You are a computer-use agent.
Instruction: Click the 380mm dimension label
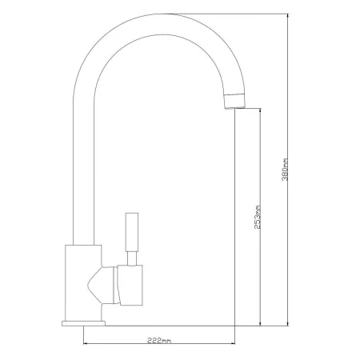pyautogui.click(x=285, y=170)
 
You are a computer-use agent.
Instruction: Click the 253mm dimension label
pyautogui.click(x=258, y=217)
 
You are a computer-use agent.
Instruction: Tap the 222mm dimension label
pyautogui.click(x=159, y=341)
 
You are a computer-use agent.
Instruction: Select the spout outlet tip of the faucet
pyautogui.click(x=235, y=106)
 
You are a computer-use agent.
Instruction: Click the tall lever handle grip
pyautogui.click(x=132, y=231)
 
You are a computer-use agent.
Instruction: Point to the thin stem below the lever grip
pyautogui.click(x=132, y=258)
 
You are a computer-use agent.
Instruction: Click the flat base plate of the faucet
pyautogui.click(x=83, y=323)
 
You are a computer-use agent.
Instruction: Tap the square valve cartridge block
pyautogui.click(x=130, y=285)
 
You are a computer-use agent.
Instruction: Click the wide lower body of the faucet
pyautogui.click(x=83, y=283)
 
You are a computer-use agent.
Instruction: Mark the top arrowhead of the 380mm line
pyautogui.click(x=287, y=16)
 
